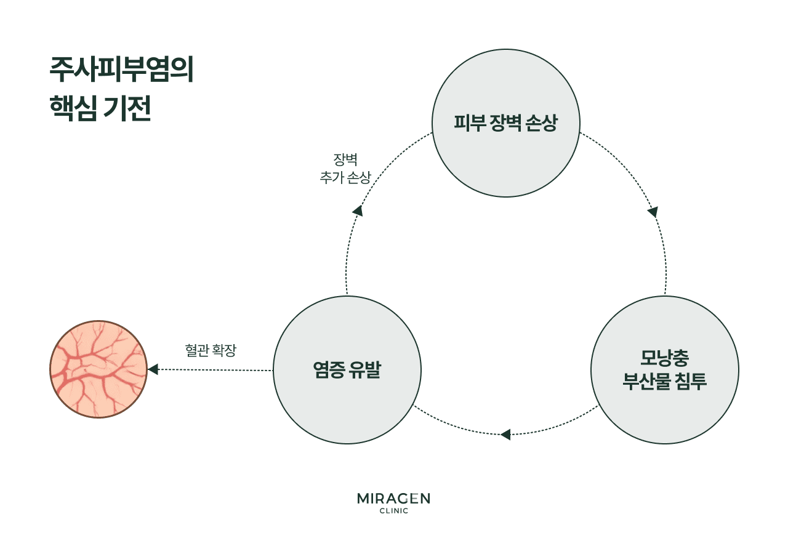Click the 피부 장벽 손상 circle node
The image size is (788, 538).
click(x=506, y=123)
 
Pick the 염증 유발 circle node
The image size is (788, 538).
click(x=347, y=370)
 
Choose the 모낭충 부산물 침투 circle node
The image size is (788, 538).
click(x=664, y=370)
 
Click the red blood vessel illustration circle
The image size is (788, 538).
click(x=98, y=369)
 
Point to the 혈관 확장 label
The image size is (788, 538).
click(x=211, y=350)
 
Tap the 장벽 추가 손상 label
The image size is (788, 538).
click(x=345, y=169)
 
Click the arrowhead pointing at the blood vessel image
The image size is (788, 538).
click(x=153, y=369)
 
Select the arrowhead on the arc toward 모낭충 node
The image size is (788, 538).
click(x=653, y=212)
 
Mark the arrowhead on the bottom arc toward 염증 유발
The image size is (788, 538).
click(x=505, y=435)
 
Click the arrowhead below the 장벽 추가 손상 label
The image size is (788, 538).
click(x=357, y=211)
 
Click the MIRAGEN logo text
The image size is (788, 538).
click(x=393, y=499)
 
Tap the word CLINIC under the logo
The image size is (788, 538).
click(x=393, y=511)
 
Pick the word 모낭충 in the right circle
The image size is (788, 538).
click(x=664, y=358)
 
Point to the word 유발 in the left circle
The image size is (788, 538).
click(x=363, y=370)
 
